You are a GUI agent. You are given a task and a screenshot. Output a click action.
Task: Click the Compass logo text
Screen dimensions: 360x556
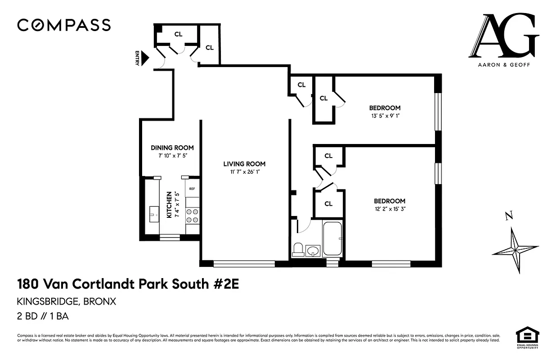[x=64, y=25]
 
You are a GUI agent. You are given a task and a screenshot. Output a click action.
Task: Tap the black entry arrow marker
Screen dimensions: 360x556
[x=145, y=57]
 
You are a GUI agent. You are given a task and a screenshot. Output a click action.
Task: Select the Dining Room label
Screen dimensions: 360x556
[x=172, y=148]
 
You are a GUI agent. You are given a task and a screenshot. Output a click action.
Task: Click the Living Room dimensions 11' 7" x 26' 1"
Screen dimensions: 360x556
[x=244, y=172]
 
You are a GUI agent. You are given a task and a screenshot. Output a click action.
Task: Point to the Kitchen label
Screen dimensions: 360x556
[x=169, y=205]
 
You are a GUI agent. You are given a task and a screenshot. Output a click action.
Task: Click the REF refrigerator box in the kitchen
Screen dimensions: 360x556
[x=192, y=189]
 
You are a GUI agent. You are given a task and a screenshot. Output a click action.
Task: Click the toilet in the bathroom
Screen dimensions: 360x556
[x=298, y=249]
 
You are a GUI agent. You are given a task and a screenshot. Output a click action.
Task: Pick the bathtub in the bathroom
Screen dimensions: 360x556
[x=332, y=238]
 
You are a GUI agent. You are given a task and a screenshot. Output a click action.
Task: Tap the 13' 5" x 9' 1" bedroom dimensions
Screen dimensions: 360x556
[x=385, y=116]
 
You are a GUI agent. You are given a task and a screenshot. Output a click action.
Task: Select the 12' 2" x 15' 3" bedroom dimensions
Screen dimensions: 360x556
[x=390, y=209]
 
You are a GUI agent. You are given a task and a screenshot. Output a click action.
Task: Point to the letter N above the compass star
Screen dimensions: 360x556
[x=509, y=216]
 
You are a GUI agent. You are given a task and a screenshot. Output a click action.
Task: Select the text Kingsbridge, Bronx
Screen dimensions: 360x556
[x=67, y=301]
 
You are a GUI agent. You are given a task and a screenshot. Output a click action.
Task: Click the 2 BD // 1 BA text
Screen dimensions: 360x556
[x=43, y=316]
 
